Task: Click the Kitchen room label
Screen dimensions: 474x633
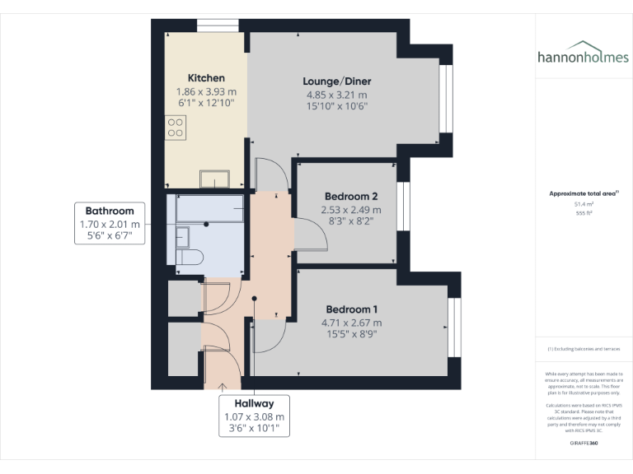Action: tap(205, 78)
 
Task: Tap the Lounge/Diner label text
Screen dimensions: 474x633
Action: tap(336, 81)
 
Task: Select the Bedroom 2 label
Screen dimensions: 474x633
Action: tap(351, 197)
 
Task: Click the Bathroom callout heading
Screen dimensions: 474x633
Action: tap(110, 211)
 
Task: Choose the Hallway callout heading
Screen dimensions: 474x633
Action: tap(254, 404)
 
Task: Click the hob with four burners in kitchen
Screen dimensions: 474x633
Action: tap(176, 127)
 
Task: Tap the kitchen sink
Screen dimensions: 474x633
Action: tap(217, 179)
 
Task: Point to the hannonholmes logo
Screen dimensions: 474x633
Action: tap(583, 57)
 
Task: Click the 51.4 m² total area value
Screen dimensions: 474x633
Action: tap(584, 203)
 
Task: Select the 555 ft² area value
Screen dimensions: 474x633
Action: tap(584, 212)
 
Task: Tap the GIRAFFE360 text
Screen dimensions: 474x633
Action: tap(584, 444)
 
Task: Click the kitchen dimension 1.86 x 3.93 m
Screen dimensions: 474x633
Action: tap(205, 91)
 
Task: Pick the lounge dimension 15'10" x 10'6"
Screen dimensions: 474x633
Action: tap(336, 106)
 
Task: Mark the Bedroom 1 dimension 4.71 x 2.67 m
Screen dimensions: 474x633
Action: tap(351, 323)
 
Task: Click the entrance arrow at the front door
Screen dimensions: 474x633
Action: tap(223, 384)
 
